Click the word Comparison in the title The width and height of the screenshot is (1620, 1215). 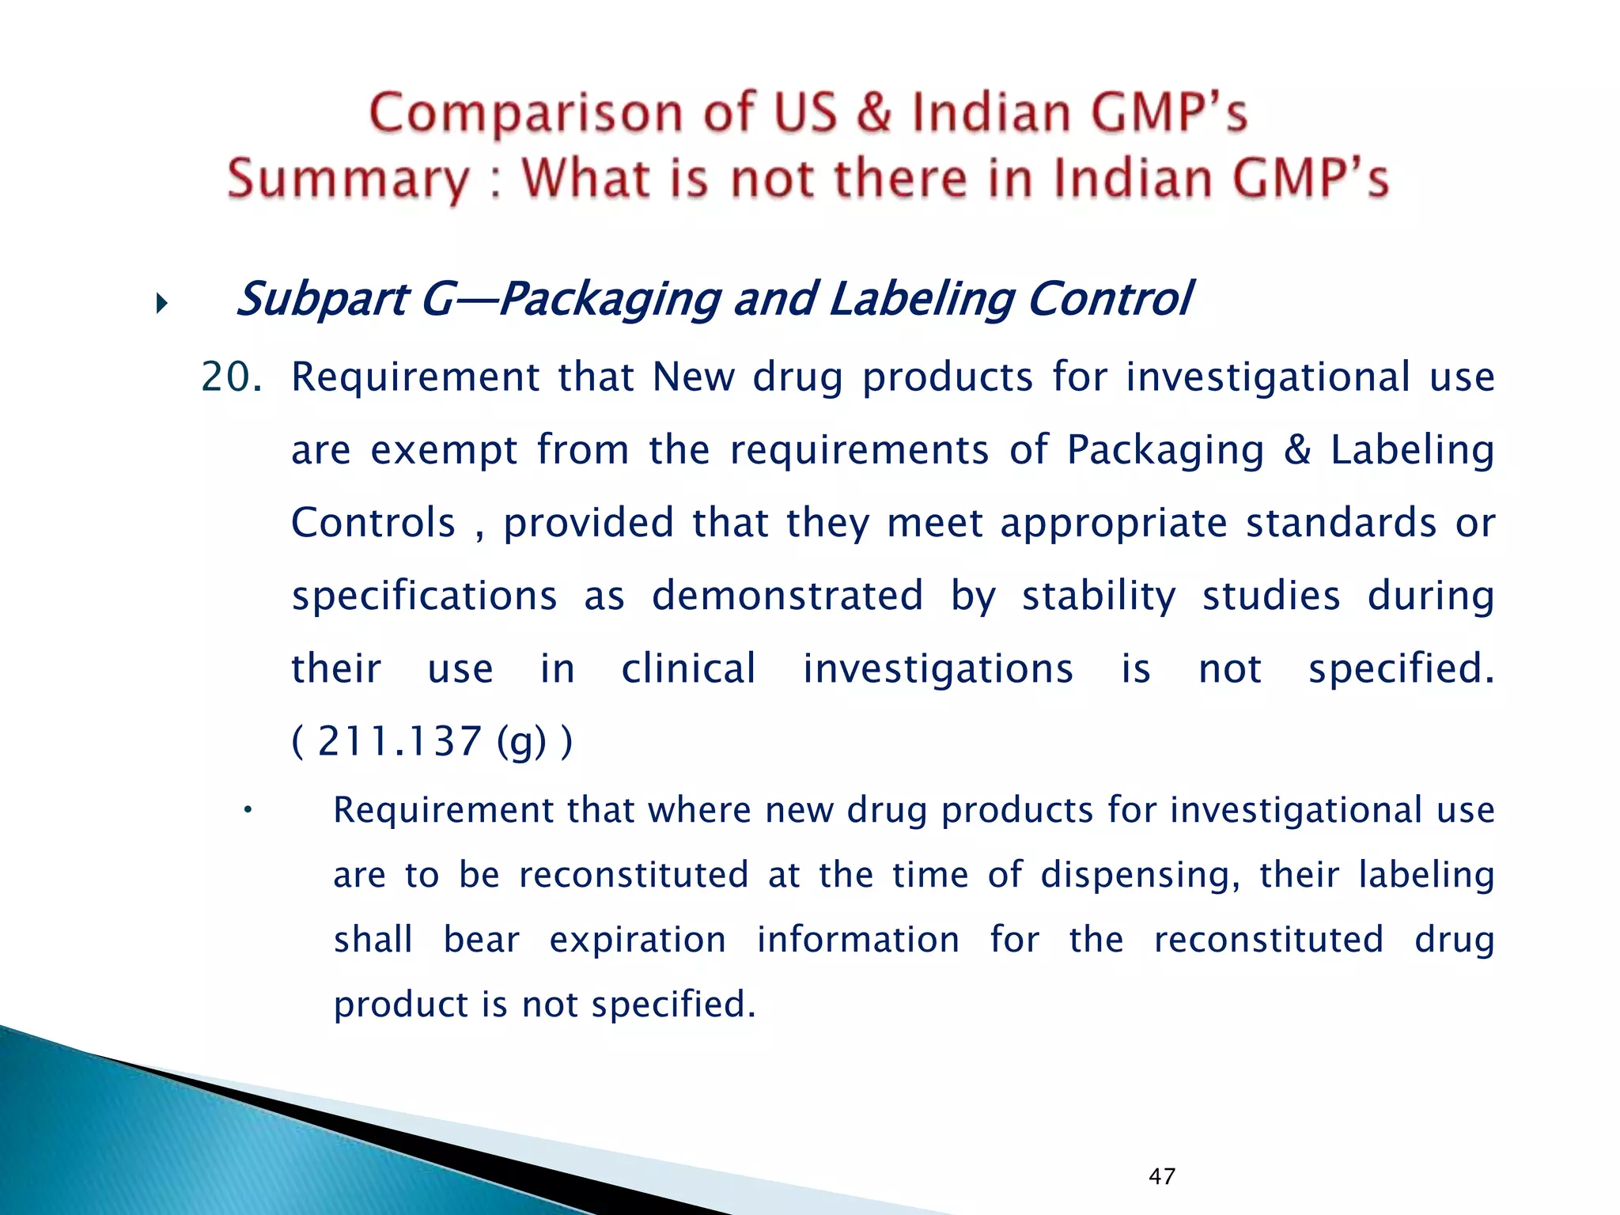coord(524,113)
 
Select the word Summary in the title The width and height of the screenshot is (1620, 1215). coord(348,180)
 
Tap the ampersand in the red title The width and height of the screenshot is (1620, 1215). coord(873,112)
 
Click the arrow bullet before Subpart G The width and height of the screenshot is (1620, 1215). coord(162,303)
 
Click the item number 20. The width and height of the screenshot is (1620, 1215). coord(230,377)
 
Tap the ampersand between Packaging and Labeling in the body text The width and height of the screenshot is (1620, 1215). coord(1296,449)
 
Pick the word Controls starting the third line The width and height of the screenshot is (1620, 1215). coord(373,523)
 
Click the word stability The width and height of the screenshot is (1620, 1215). coord(1099,596)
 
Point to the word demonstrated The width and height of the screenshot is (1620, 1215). coord(787,595)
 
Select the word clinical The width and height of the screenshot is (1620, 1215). coord(688,668)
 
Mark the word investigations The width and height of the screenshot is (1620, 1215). coord(938,669)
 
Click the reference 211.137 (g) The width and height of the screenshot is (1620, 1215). coord(432,742)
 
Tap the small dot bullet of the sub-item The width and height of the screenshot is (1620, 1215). coord(248,809)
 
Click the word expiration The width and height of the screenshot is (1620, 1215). coord(638,941)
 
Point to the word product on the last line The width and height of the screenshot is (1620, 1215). coord(402,1005)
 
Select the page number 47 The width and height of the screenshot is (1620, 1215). coord(1161,1176)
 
